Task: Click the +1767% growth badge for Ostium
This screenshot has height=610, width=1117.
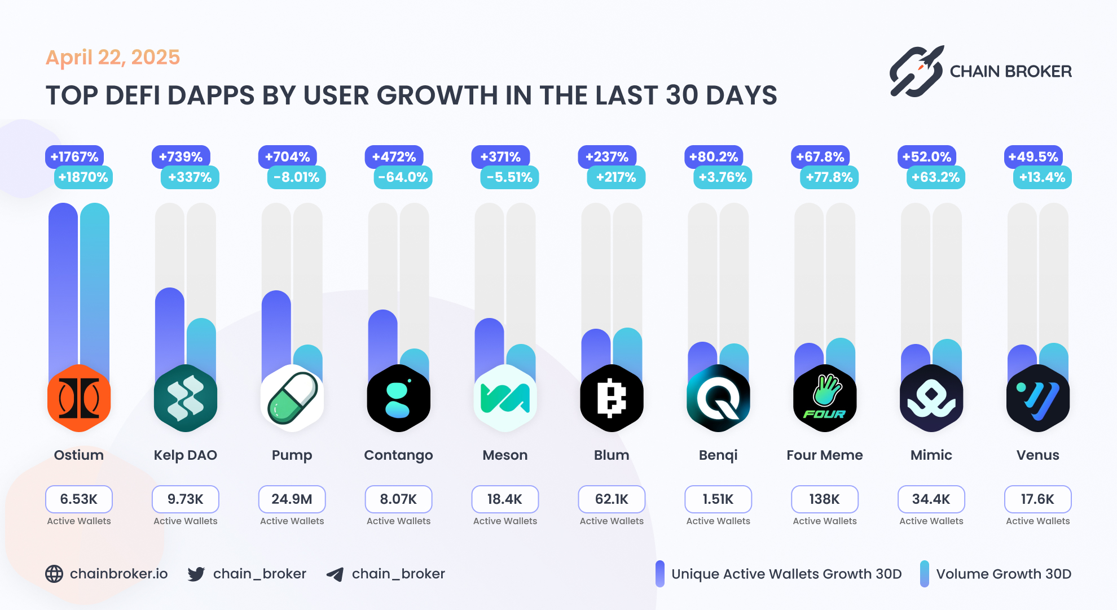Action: pos(74,157)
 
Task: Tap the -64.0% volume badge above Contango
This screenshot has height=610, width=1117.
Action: pos(403,177)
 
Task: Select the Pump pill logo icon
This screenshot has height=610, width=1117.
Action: pos(292,398)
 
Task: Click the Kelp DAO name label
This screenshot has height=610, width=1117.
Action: pos(185,455)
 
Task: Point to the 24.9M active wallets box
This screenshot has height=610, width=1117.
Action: pos(292,499)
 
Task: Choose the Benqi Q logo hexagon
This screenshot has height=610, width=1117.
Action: pos(718,398)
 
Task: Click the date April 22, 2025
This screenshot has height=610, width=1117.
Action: pos(113,58)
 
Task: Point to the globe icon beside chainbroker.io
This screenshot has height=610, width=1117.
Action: pos(54,574)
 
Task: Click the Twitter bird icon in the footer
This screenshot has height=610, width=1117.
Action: pos(196,574)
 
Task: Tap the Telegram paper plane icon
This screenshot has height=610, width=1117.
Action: pos(335,574)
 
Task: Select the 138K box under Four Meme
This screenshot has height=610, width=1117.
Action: pos(824,499)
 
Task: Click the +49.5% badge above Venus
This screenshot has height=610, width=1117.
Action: pos(1033,157)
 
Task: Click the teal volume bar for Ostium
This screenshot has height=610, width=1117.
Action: pos(95,282)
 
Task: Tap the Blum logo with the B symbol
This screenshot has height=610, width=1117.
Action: pos(612,398)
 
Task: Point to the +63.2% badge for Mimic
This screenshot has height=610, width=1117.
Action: pos(935,177)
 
